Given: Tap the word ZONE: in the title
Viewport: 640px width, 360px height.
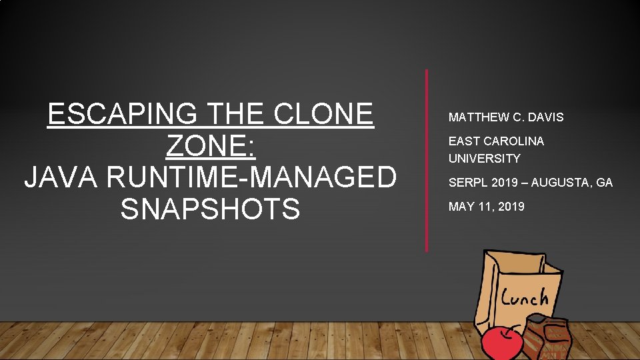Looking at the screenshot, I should [210, 146].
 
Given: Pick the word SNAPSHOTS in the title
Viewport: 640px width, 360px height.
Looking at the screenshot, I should [210, 209].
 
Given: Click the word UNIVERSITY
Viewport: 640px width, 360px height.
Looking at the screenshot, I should [484, 159].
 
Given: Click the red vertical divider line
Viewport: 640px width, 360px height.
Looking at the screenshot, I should [427, 160].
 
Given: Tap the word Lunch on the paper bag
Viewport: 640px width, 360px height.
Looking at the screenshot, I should [524, 297].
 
